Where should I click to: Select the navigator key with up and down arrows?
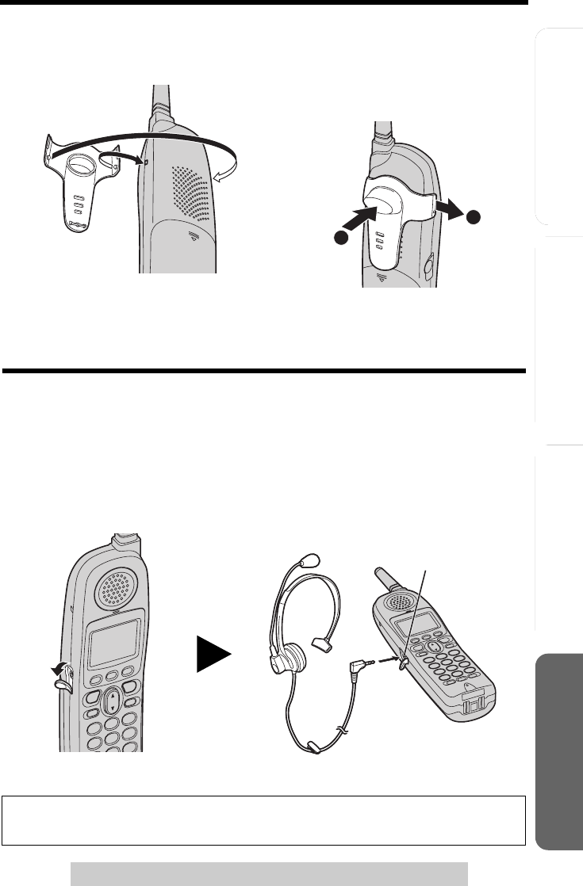(x=113, y=701)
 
